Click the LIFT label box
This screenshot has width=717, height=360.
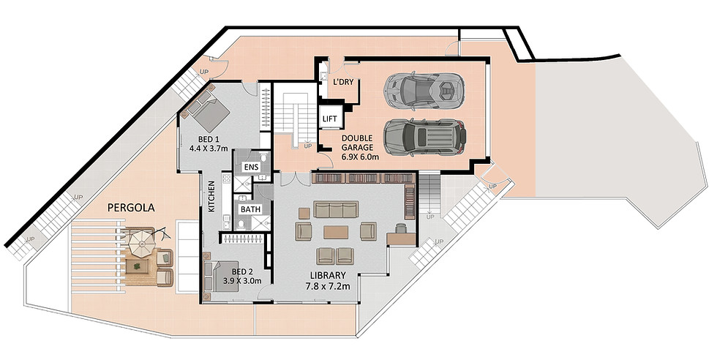[330, 119]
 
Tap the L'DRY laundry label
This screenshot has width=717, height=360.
[343, 83]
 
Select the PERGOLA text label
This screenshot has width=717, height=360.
[131, 208]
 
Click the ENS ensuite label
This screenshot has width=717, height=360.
[251, 167]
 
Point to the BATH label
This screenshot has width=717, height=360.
[250, 209]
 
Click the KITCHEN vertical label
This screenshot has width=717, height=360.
[211, 197]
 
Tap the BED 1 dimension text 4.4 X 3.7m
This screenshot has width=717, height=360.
[209, 149]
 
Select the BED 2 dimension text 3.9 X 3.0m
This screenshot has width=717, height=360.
[242, 281]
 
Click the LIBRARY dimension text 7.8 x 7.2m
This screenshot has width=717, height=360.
[328, 287]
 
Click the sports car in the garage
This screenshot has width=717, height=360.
[424, 91]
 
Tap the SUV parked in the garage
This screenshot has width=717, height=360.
[424, 137]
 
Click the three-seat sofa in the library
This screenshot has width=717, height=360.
[336, 209]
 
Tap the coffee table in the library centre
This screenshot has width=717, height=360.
[336, 232]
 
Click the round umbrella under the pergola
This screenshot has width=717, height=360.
[143, 242]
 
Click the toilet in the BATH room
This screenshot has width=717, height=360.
[241, 224]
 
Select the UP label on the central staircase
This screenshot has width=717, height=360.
[307, 146]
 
